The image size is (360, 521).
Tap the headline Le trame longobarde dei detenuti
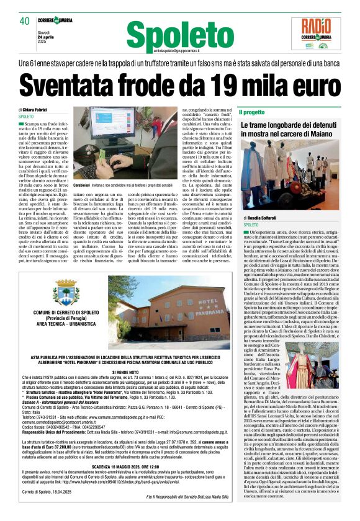coord(290,125)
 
